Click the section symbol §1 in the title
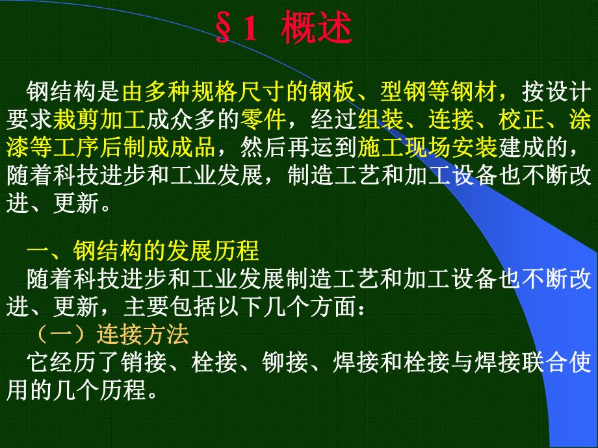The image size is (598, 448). click(238, 29)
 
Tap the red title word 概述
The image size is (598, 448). click(317, 29)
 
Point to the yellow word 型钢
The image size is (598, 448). click(405, 92)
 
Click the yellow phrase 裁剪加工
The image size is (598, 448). click(100, 120)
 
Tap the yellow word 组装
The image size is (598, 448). click(382, 120)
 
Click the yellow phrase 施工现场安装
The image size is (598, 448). click(428, 148)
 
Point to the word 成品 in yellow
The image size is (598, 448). click(194, 148)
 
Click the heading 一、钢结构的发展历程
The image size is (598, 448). click(143, 251)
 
